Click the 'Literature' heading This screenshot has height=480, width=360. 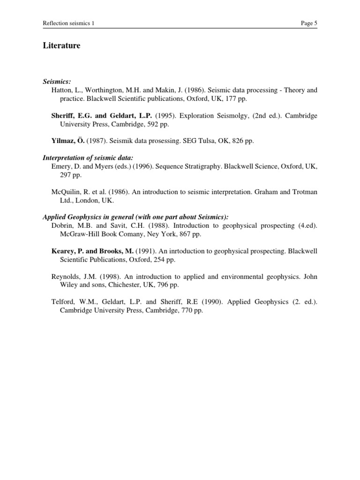[61, 45]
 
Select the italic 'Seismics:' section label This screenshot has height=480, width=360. [57, 81]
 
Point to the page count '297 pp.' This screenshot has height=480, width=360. [70, 174]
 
